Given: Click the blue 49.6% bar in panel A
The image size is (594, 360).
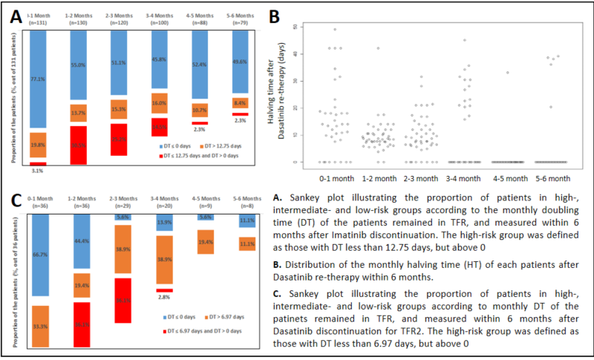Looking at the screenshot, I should point(238,62).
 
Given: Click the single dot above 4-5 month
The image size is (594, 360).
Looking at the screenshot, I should point(507,73).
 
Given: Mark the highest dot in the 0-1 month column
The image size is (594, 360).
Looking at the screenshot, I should point(335,30).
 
